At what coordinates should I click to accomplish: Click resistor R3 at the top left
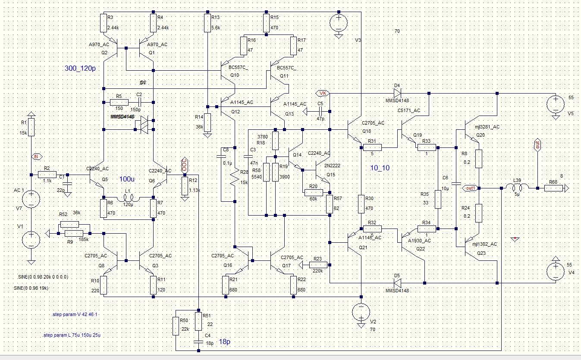[x=104, y=23]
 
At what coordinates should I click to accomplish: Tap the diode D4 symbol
[x=397, y=93]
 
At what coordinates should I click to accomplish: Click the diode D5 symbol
[x=397, y=283]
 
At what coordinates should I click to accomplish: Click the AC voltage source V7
[x=31, y=200]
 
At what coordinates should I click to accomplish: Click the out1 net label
[x=469, y=188]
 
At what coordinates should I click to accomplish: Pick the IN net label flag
[x=37, y=156]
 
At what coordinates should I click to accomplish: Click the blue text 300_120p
[x=80, y=69]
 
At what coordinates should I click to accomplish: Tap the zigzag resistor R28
[x=234, y=177]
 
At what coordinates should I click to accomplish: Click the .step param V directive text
[x=75, y=315]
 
